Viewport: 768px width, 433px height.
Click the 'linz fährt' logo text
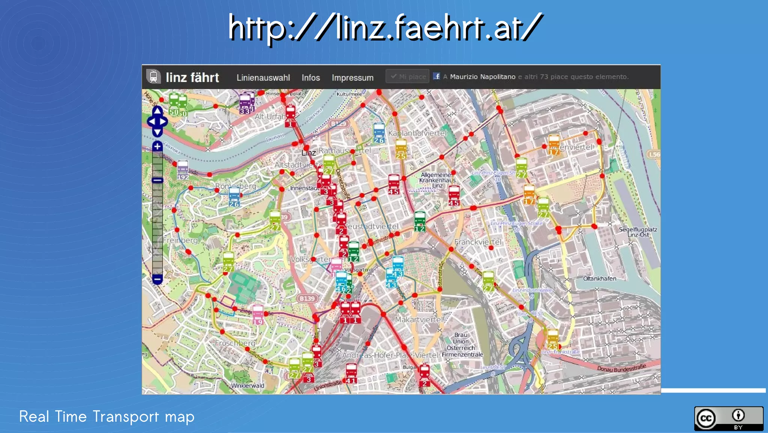[x=192, y=78]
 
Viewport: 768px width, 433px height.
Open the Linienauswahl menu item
[x=263, y=78]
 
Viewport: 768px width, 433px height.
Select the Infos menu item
[x=310, y=78]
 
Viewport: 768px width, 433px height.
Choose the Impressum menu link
[x=352, y=78]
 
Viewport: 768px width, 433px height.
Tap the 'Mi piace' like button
[x=408, y=77]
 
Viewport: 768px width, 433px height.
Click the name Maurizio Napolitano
[x=483, y=77]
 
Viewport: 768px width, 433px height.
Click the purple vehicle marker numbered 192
[x=183, y=168]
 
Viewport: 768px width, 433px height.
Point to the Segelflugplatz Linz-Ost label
[x=637, y=232]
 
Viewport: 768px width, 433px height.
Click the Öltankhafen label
[x=600, y=279]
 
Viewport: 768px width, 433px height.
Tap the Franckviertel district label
[x=477, y=242]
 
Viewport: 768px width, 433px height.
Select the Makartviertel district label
[x=419, y=320]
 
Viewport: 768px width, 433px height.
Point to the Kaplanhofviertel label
[x=417, y=133]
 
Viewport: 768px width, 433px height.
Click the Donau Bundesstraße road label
[x=621, y=368]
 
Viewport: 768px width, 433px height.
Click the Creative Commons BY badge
[x=728, y=418]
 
